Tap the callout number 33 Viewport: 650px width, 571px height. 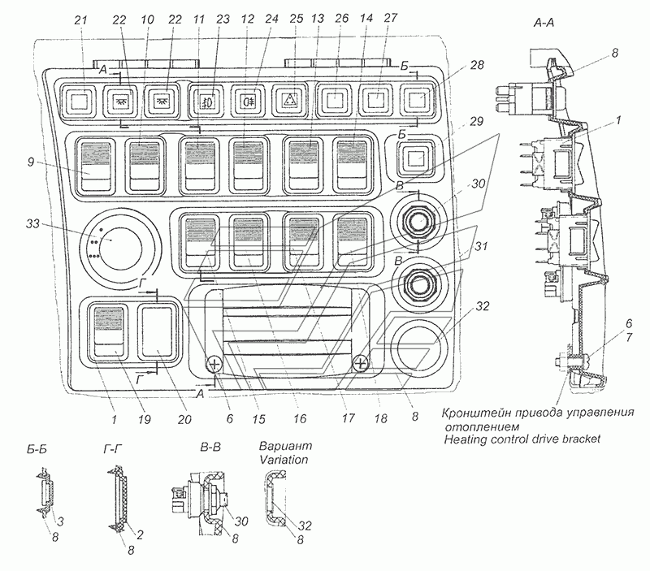[x=32, y=223]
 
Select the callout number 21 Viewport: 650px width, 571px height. [x=80, y=19]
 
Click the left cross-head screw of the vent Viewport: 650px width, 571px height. [x=214, y=365]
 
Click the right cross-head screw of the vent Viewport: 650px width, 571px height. [x=361, y=364]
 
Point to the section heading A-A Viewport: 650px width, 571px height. [x=543, y=23]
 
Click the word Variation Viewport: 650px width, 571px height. [x=284, y=460]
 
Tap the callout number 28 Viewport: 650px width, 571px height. [x=477, y=65]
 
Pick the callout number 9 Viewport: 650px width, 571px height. [x=32, y=161]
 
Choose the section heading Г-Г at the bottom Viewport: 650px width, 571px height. [x=112, y=449]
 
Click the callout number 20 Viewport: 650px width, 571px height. [x=184, y=419]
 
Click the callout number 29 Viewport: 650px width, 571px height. [x=476, y=121]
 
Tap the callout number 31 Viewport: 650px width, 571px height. [x=481, y=247]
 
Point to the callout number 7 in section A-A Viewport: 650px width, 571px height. [x=629, y=337]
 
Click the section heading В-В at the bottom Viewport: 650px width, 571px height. [x=210, y=448]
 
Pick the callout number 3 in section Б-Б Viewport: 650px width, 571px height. [x=60, y=521]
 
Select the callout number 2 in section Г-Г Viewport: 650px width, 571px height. [x=140, y=534]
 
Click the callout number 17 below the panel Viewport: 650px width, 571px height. [x=349, y=417]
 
